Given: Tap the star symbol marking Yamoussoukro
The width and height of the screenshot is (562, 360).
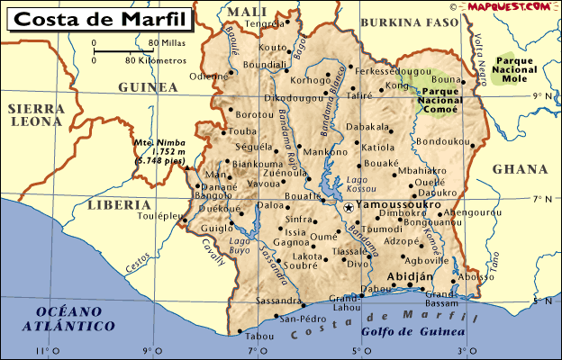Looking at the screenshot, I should (348, 207).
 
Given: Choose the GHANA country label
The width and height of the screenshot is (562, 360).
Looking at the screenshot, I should (521, 169).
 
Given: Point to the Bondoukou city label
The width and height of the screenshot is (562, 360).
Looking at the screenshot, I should (443, 141).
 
